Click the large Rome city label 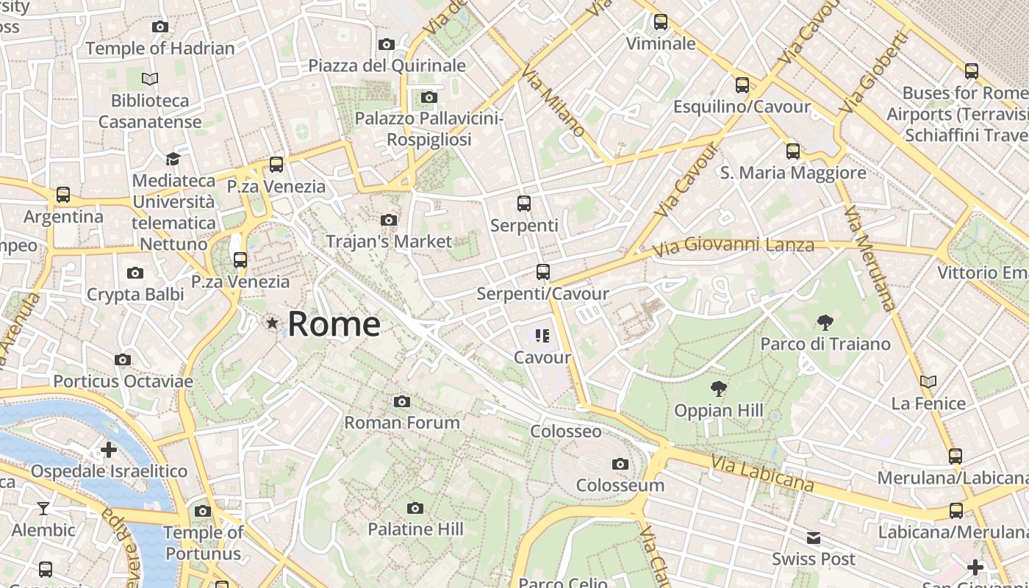point(334,323)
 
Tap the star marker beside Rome point(273,323)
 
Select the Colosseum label point(620,485)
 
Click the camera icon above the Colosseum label point(620,464)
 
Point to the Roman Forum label point(402,423)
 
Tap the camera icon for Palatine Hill point(415,508)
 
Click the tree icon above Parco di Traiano point(825,322)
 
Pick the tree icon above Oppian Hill point(719,389)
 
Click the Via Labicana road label point(763,473)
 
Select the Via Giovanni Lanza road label point(734,247)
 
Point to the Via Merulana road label point(870,259)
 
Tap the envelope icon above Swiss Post point(814,538)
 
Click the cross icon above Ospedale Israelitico point(109,449)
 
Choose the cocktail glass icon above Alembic point(43,508)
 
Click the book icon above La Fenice point(928,381)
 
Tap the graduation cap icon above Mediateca point(173,159)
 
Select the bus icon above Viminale point(661,22)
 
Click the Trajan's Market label point(389,241)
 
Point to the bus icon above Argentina point(63,195)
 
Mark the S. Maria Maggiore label point(793,173)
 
